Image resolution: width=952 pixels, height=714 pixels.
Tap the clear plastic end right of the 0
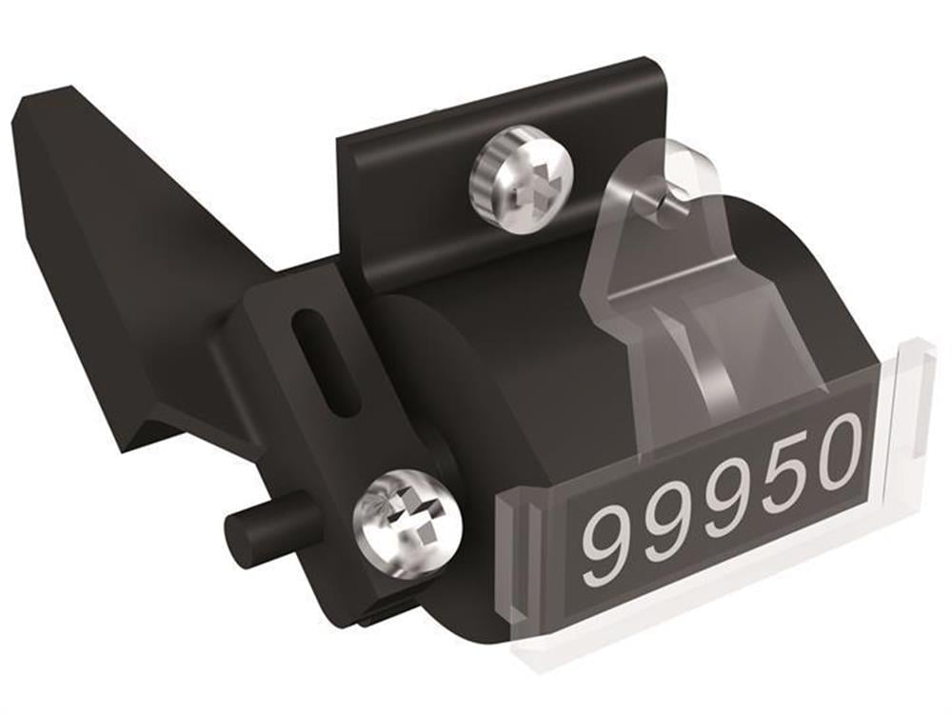pyautogui.click(x=909, y=419)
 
